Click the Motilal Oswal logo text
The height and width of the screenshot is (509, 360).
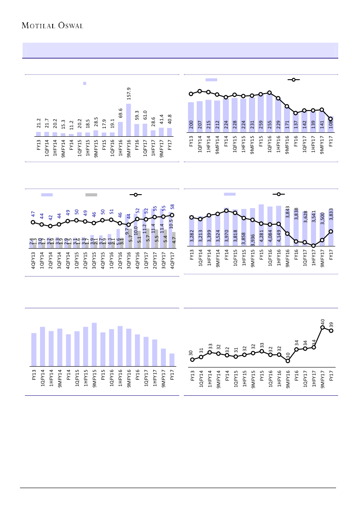click(x=52, y=25)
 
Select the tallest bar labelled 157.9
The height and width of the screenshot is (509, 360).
click(x=129, y=120)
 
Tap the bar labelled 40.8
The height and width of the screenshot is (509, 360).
click(x=169, y=131)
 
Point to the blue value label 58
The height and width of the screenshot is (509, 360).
click(x=172, y=206)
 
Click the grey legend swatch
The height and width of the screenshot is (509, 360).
click(x=91, y=195)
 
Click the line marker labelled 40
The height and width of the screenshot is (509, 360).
click(x=323, y=327)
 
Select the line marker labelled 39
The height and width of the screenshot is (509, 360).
click(x=331, y=330)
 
